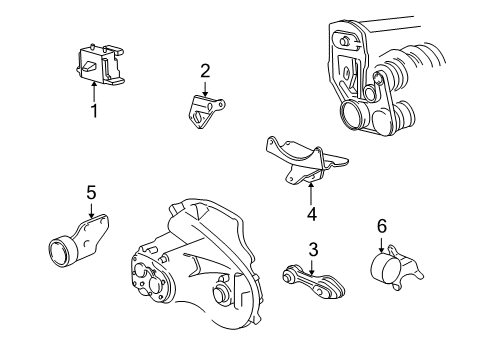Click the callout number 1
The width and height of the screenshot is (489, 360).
tap(94, 111)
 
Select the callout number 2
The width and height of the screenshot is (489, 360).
tap(204, 70)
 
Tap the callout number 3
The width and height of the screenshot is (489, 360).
tap(312, 249)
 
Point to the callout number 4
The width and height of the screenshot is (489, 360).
tap(311, 212)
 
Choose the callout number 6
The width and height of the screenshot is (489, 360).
tap(380, 228)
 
